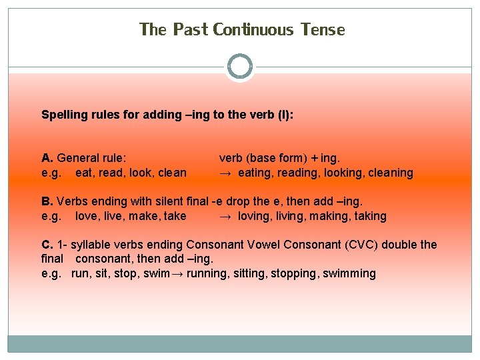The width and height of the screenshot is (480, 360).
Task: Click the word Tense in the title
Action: pos(323,30)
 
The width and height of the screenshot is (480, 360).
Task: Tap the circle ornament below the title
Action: pos(240,67)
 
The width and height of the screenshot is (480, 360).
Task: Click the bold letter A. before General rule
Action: pos(47,158)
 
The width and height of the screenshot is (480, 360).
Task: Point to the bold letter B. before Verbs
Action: pos(47,201)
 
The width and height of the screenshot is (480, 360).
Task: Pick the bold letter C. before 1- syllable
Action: pos(47,245)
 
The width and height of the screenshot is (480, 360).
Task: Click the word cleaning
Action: pos(390,173)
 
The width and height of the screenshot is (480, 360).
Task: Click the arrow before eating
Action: pos(225,173)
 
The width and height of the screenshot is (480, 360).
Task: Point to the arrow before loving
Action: pos(225,216)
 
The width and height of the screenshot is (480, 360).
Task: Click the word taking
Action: pos(368,216)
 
